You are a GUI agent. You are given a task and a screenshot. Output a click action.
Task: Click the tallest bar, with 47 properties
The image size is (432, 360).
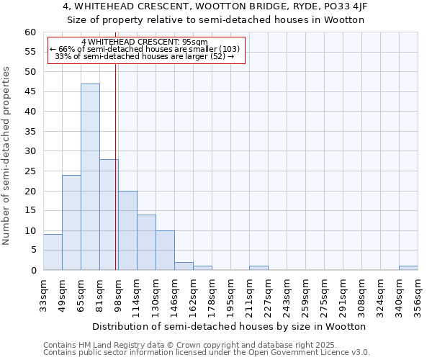tap(90, 176)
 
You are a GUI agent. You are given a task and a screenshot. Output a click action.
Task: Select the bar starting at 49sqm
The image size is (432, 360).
tap(71, 222)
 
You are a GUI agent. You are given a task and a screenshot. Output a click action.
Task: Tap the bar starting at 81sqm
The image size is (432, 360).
tap(109, 215)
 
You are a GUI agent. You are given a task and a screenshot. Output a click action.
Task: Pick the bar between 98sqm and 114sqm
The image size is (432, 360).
tap(127, 230)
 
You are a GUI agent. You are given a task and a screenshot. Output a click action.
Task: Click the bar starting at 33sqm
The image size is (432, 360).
tap(53, 252)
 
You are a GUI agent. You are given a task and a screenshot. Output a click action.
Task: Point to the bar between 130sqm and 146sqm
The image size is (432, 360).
tap(165, 251)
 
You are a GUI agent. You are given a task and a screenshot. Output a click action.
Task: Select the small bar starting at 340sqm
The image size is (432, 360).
tap(408, 268)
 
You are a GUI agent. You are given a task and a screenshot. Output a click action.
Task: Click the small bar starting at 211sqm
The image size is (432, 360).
tap(258, 268)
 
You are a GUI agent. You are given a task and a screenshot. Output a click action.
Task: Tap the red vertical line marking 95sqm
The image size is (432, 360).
tap(115, 166)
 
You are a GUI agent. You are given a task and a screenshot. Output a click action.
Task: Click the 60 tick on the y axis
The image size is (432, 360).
tap(30, 32)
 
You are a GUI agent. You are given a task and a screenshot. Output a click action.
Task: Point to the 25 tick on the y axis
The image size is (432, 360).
tap(30, 171)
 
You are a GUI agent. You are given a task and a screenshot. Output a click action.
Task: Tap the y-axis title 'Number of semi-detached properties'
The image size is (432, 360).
tap(7, 156)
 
